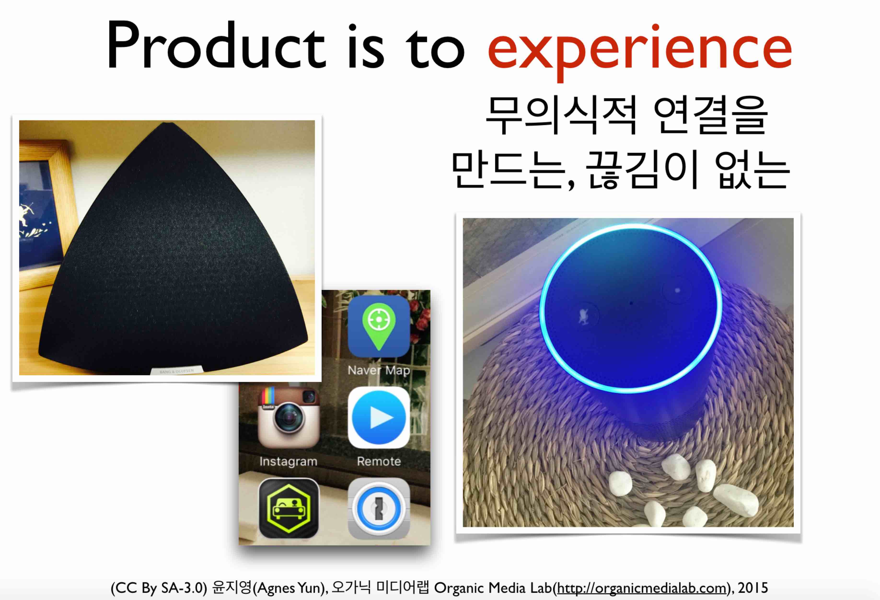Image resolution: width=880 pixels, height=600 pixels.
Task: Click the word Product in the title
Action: point(216,46)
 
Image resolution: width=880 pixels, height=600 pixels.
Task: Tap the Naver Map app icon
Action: point(379,326)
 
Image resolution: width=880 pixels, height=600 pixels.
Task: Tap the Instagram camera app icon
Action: point(289,417)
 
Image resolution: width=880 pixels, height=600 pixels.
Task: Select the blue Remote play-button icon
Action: point(379,417)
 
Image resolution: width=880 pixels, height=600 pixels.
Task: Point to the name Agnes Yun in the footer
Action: point(290,588)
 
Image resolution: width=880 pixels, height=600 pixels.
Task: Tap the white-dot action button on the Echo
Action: point(677,291)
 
